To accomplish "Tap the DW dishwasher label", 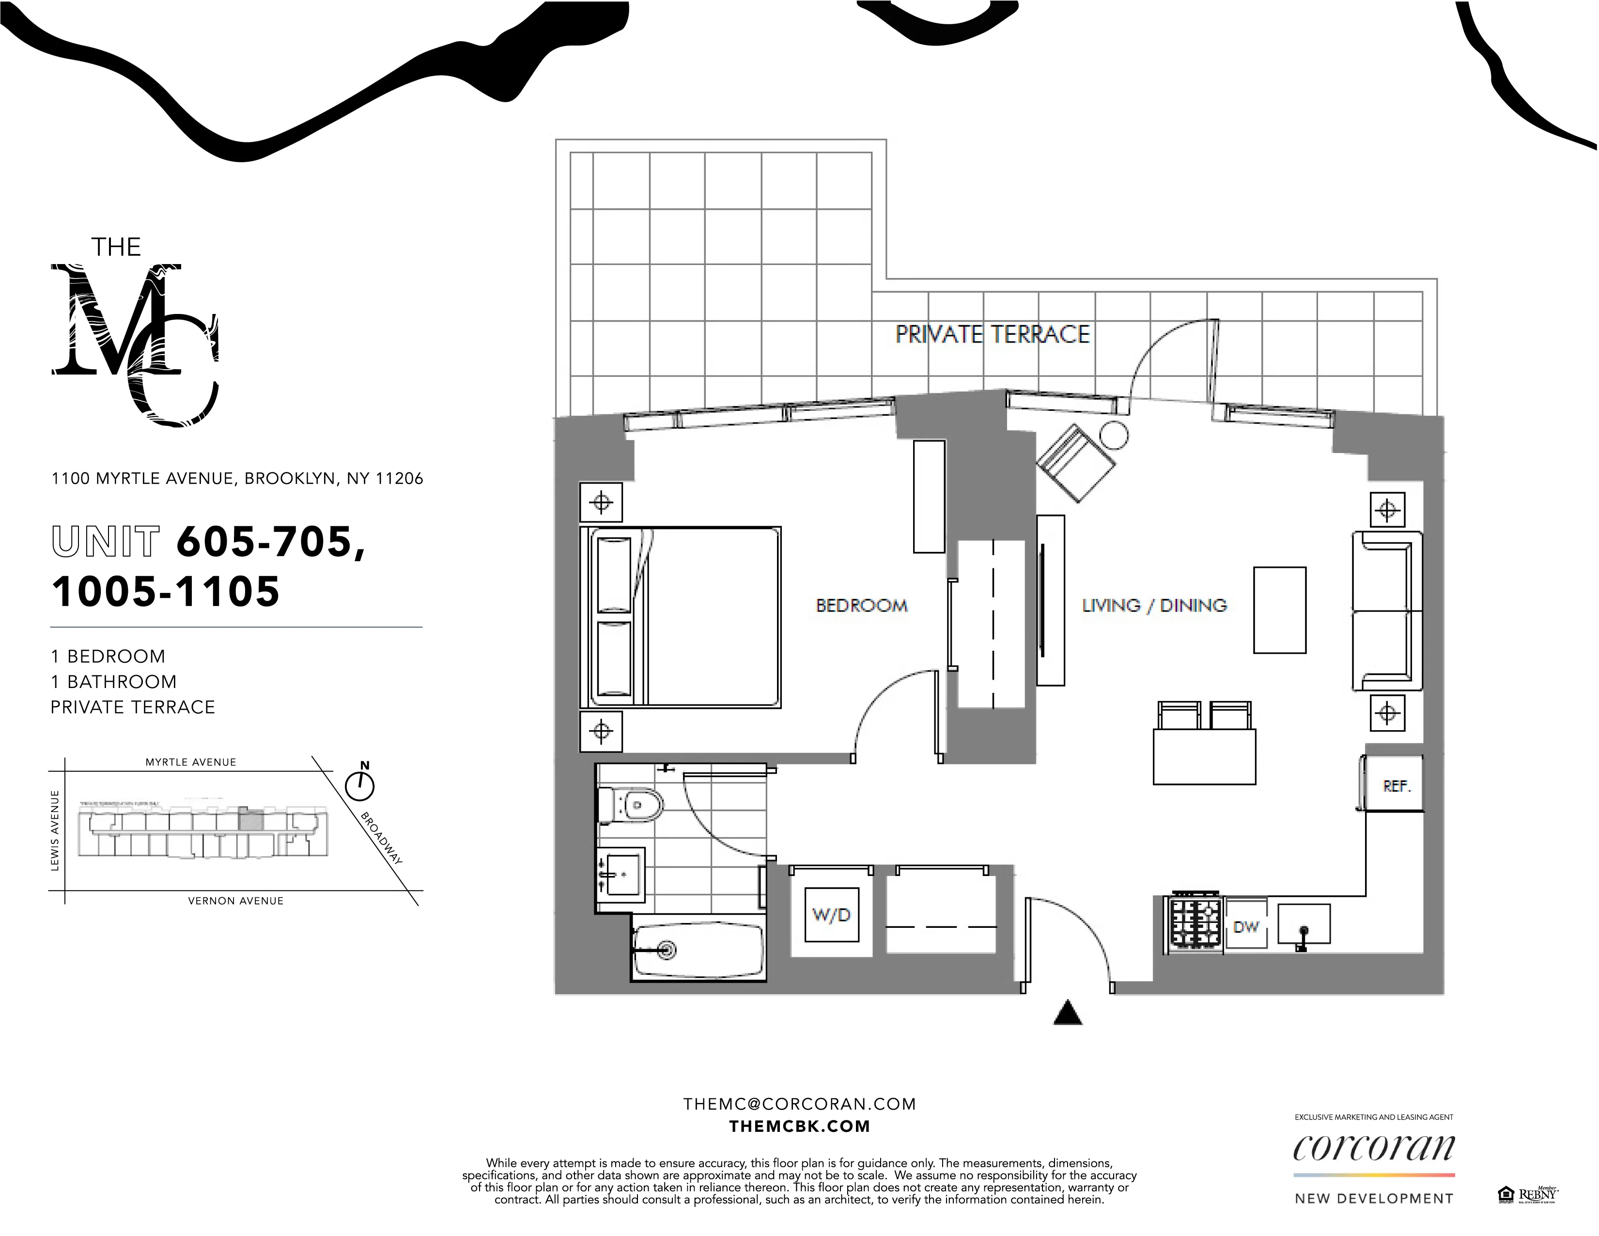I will (x=1245, y=926).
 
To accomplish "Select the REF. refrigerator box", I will (x=1396, y=786).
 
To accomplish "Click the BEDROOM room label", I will (x=862, y=606).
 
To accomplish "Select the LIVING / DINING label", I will (x=1154, y=606).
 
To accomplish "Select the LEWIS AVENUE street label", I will (x=55, y=830).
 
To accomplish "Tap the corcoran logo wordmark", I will (x=1373, y=1148).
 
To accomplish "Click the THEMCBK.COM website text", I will (x=799, y=1126).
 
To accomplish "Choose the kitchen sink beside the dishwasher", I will (x=1303, y=923).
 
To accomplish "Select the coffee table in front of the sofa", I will (x=1279, y=609).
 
